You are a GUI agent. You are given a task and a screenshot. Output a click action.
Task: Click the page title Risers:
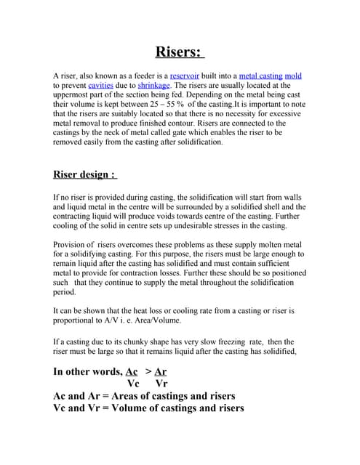[180, 52]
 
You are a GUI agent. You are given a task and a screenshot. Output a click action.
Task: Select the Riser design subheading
[84, 174]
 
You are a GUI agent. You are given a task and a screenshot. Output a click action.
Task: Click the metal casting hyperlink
[259, 76]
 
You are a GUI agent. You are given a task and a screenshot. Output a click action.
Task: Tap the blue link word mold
[293, 76]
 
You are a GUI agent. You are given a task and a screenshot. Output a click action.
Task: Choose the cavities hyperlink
[100, 85]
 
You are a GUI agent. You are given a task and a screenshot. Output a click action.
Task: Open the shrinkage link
[153, 85]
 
